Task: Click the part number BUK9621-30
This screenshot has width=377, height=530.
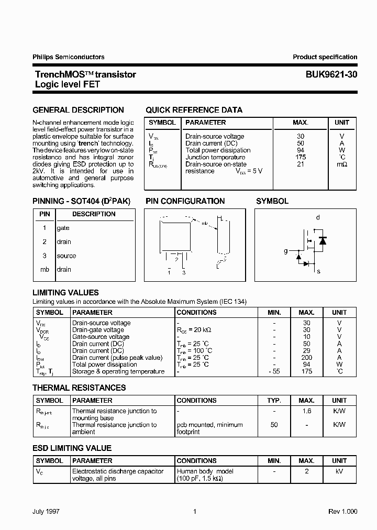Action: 331,74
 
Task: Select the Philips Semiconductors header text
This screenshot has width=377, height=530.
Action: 69,57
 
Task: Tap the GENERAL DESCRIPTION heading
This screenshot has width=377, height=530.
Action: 79,110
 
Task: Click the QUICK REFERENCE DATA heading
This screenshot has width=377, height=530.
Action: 194,110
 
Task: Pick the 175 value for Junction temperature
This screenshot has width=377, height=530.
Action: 300,157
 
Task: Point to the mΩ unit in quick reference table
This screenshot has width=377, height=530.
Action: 341,164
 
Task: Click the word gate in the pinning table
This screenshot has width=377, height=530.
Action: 63,228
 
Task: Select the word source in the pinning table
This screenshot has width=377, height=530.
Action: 66,256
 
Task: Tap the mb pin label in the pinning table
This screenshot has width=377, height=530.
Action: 45,269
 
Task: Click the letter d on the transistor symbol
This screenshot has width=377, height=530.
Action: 318,217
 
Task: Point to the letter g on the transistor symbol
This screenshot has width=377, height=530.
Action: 286,251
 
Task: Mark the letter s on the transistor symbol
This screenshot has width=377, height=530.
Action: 318,271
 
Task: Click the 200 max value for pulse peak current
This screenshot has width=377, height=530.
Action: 306,358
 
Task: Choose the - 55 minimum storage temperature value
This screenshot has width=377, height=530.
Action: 274,371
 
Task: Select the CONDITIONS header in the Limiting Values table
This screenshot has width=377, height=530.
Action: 196,312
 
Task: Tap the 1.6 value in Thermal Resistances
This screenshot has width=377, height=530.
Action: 306,411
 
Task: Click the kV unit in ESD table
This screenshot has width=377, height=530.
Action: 339,471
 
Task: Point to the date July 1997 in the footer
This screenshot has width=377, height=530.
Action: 46,512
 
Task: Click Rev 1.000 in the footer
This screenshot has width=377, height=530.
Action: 343,512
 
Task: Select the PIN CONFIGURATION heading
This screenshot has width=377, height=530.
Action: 185,201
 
